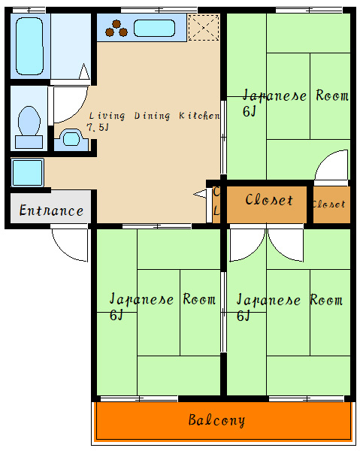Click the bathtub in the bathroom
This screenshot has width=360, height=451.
point(29,46)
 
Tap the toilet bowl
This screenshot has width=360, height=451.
point(29,121)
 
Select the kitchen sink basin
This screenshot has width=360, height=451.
point(154,28)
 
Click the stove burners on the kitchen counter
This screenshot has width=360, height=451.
point(116,29)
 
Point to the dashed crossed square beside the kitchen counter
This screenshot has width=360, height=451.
point(204,28)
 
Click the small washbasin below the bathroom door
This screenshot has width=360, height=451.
point(71,139)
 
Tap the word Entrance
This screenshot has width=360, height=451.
point(51,210)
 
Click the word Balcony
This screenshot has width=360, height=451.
point(216,420)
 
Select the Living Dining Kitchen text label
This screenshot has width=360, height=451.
point(154,116)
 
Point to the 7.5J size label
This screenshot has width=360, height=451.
point(98,127)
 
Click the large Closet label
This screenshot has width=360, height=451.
point(269,200)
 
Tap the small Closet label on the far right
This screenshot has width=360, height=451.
point(329,204)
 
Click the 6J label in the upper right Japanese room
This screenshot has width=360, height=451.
point(249,111)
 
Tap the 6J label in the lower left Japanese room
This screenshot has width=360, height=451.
point(116,315)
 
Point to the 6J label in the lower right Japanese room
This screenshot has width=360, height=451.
point(243,316)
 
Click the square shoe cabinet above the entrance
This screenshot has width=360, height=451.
point(28,173)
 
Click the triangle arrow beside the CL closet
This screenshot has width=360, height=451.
point(200,194)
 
